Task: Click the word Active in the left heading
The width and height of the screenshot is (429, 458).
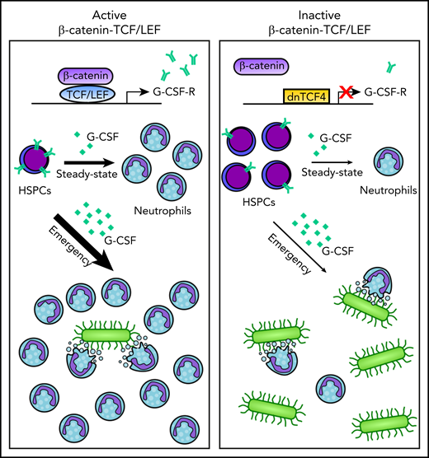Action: click(109, 14)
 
